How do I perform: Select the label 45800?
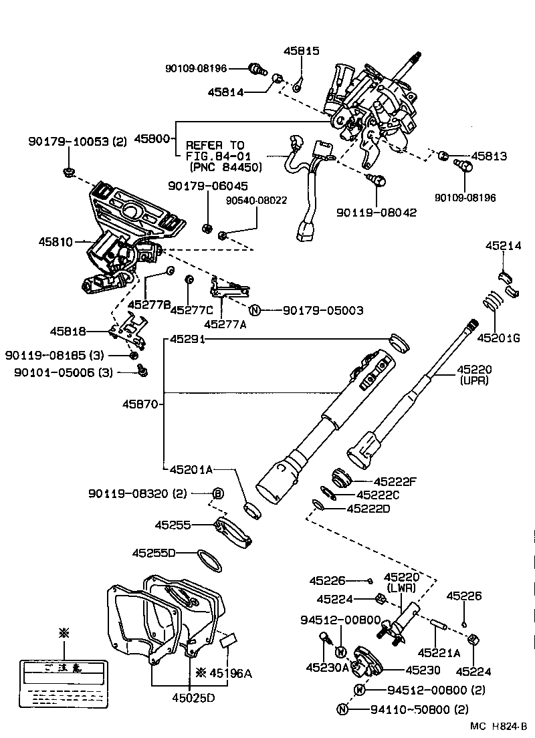pyautogui.click(x=154, y=139)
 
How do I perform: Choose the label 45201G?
pyautogui.click(x=498, y=338)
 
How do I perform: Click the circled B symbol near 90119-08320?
pyautogui.click(x=217, y=494)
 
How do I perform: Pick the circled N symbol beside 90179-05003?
pyautogui.click(x=255, y=310)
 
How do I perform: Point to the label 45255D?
pyautogui.click(x=154, y=553)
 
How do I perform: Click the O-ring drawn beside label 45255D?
pyautogui.click(x=209, y=560)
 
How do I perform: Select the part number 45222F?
pyautogui.click(x=395, y=481)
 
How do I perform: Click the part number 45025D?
pyautogui.click(x=189, y=699)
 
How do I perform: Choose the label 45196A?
pyautogui.click(x=228, y=672)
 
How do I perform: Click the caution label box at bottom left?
pyautogui.click(x=64, y=683)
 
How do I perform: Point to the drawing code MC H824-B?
pyautogui.click(x=498, y=726)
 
